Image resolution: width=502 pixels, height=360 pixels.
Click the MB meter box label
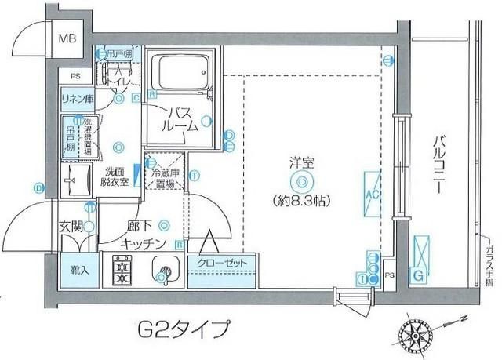[69, 37]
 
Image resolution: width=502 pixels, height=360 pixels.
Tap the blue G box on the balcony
[420, 275]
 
